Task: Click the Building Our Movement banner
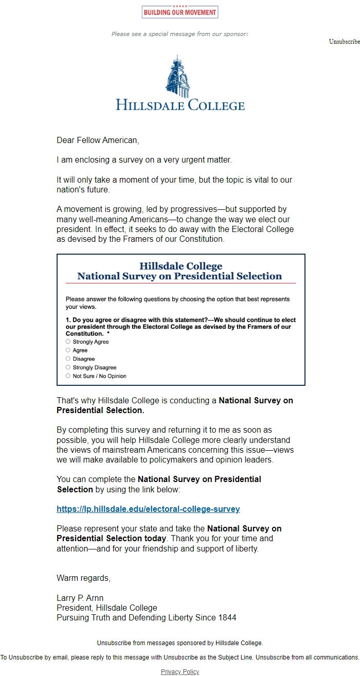[180, 12]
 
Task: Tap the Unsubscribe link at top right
[344, 42]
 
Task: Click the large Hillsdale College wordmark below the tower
[180, 105]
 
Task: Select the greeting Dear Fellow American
[98, 140]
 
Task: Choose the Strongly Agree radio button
[68, 342]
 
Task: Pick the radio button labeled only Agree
[68, 350]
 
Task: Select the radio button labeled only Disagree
[68, 359]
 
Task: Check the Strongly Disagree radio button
[68, 367]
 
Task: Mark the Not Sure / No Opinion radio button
[68, 376]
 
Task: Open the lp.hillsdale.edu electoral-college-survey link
[148, 509]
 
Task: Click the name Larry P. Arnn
[80, 598]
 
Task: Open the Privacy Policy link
[180, 672]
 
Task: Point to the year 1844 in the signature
[226, 618]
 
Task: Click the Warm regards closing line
[83, 578]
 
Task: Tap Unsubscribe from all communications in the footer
[308, 657]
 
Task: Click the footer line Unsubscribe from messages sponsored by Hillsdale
[180, 643]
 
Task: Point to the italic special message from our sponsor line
[180, 34]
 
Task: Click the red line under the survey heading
[181, 283]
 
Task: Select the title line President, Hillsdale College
[107, 608]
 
